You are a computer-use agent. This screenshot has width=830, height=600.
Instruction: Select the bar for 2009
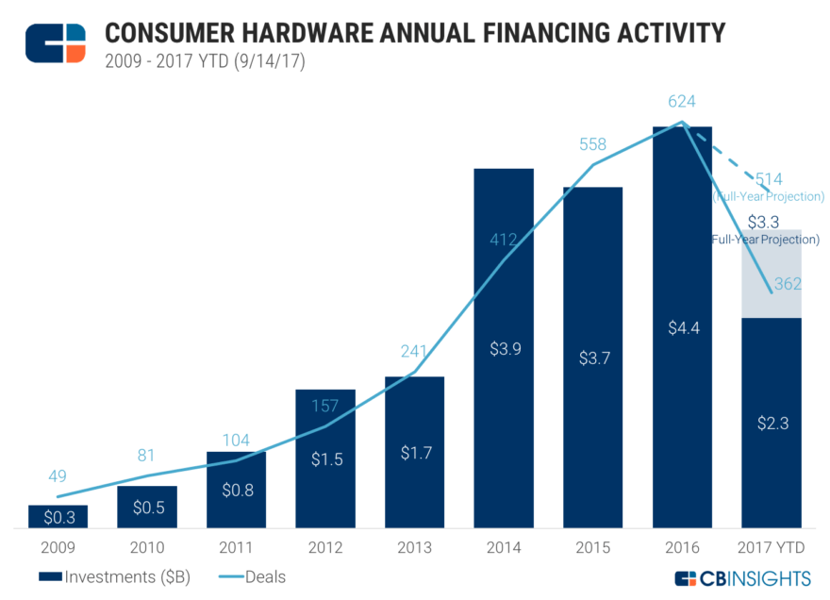pos(58,516)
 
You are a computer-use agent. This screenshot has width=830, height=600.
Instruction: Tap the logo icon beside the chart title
pos(55,43)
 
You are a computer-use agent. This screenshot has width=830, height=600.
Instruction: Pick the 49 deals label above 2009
pos(58,475)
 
